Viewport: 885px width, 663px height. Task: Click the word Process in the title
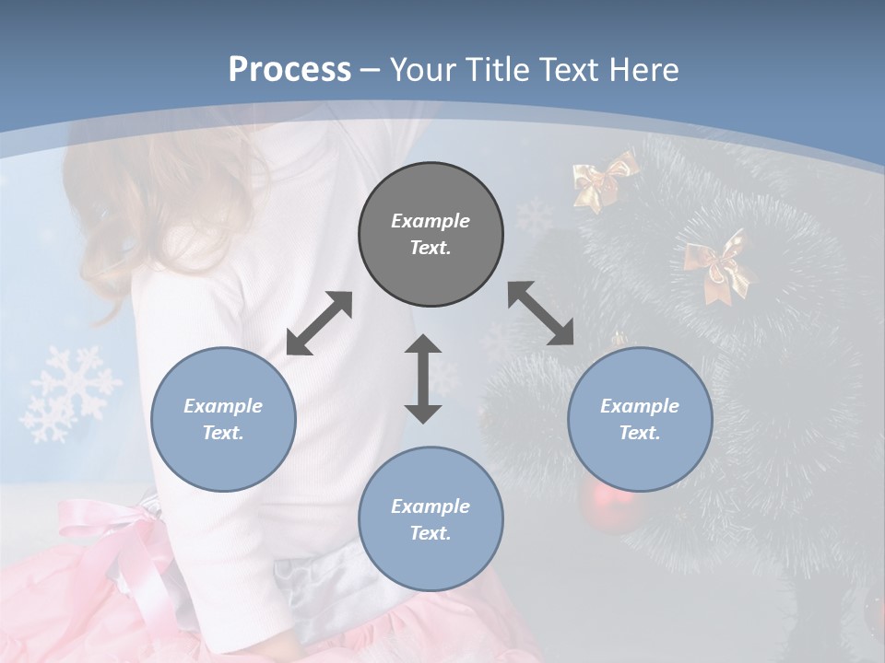point(289,70)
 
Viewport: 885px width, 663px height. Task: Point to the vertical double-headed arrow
point(423,378)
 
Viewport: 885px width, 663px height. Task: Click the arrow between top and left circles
point(319,323)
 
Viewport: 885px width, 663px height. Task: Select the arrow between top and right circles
point(541,313)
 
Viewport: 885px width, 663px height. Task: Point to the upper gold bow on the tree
point(604,181)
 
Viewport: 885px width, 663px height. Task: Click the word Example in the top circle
point(431,221)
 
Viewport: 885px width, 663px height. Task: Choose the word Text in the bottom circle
point(430,533)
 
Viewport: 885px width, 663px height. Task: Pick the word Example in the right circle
point(640,406)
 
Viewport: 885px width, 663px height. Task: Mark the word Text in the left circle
point(223,433)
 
